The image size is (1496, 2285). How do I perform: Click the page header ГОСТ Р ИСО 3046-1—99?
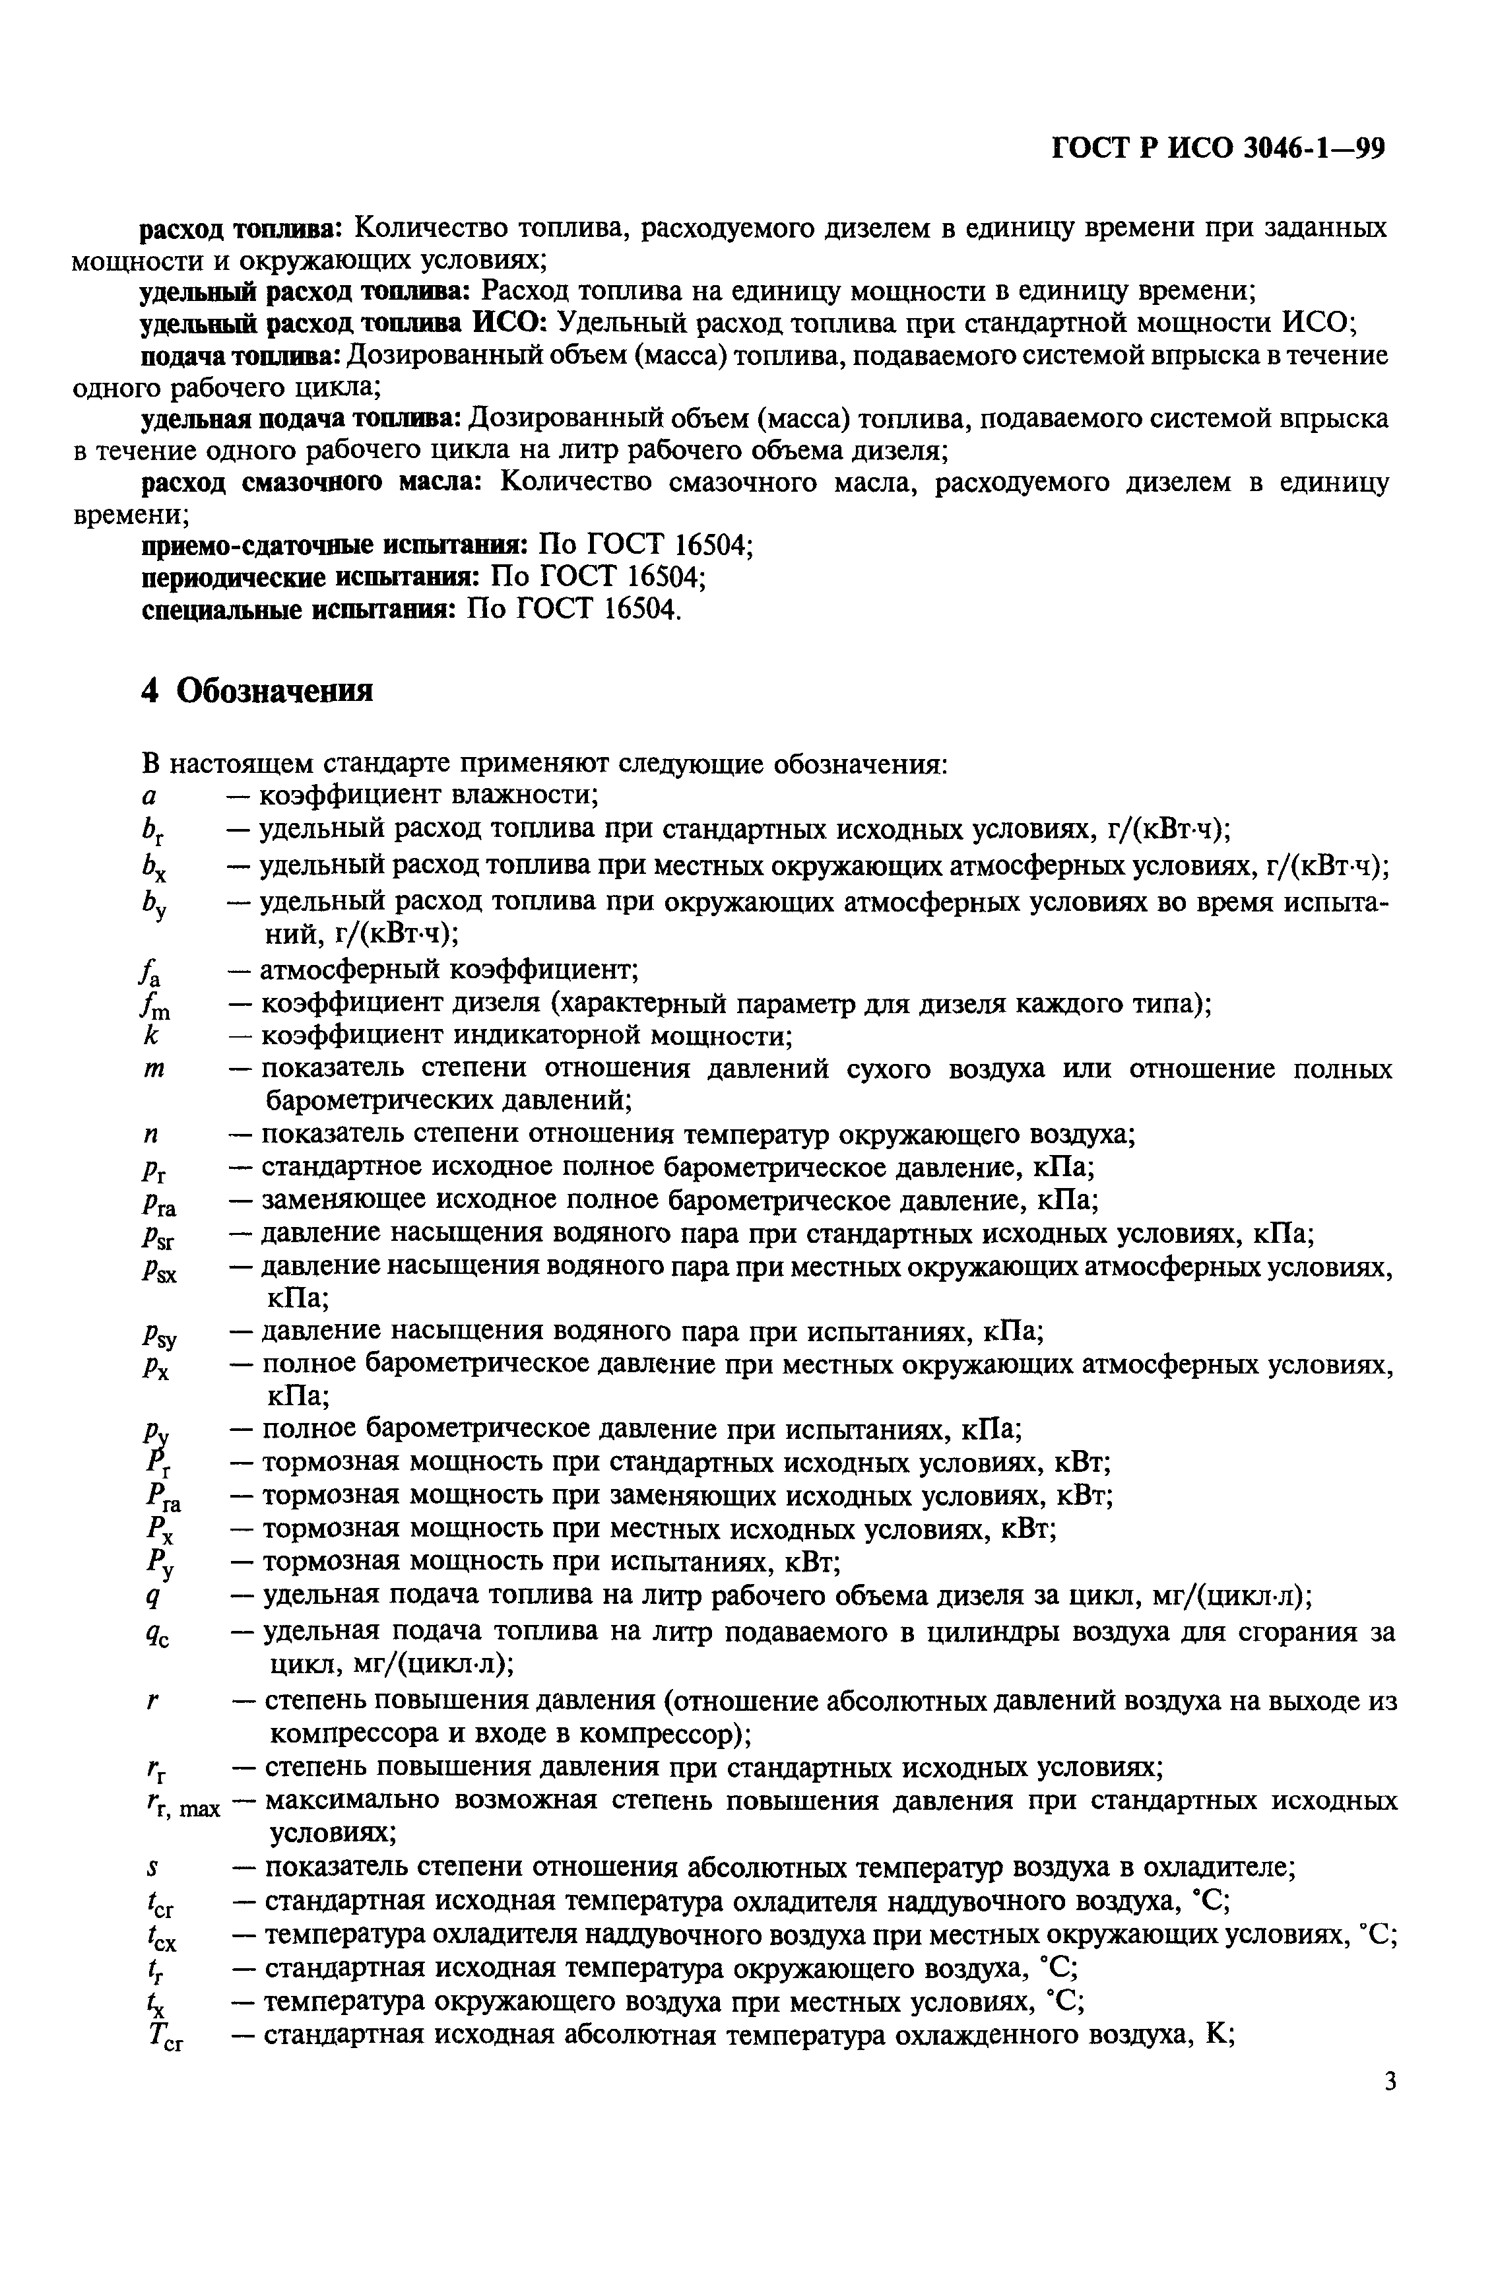click(1218, 149)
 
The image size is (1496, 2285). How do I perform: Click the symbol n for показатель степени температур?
click(150, 1135)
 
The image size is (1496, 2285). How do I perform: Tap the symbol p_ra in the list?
click(158, 1203)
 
